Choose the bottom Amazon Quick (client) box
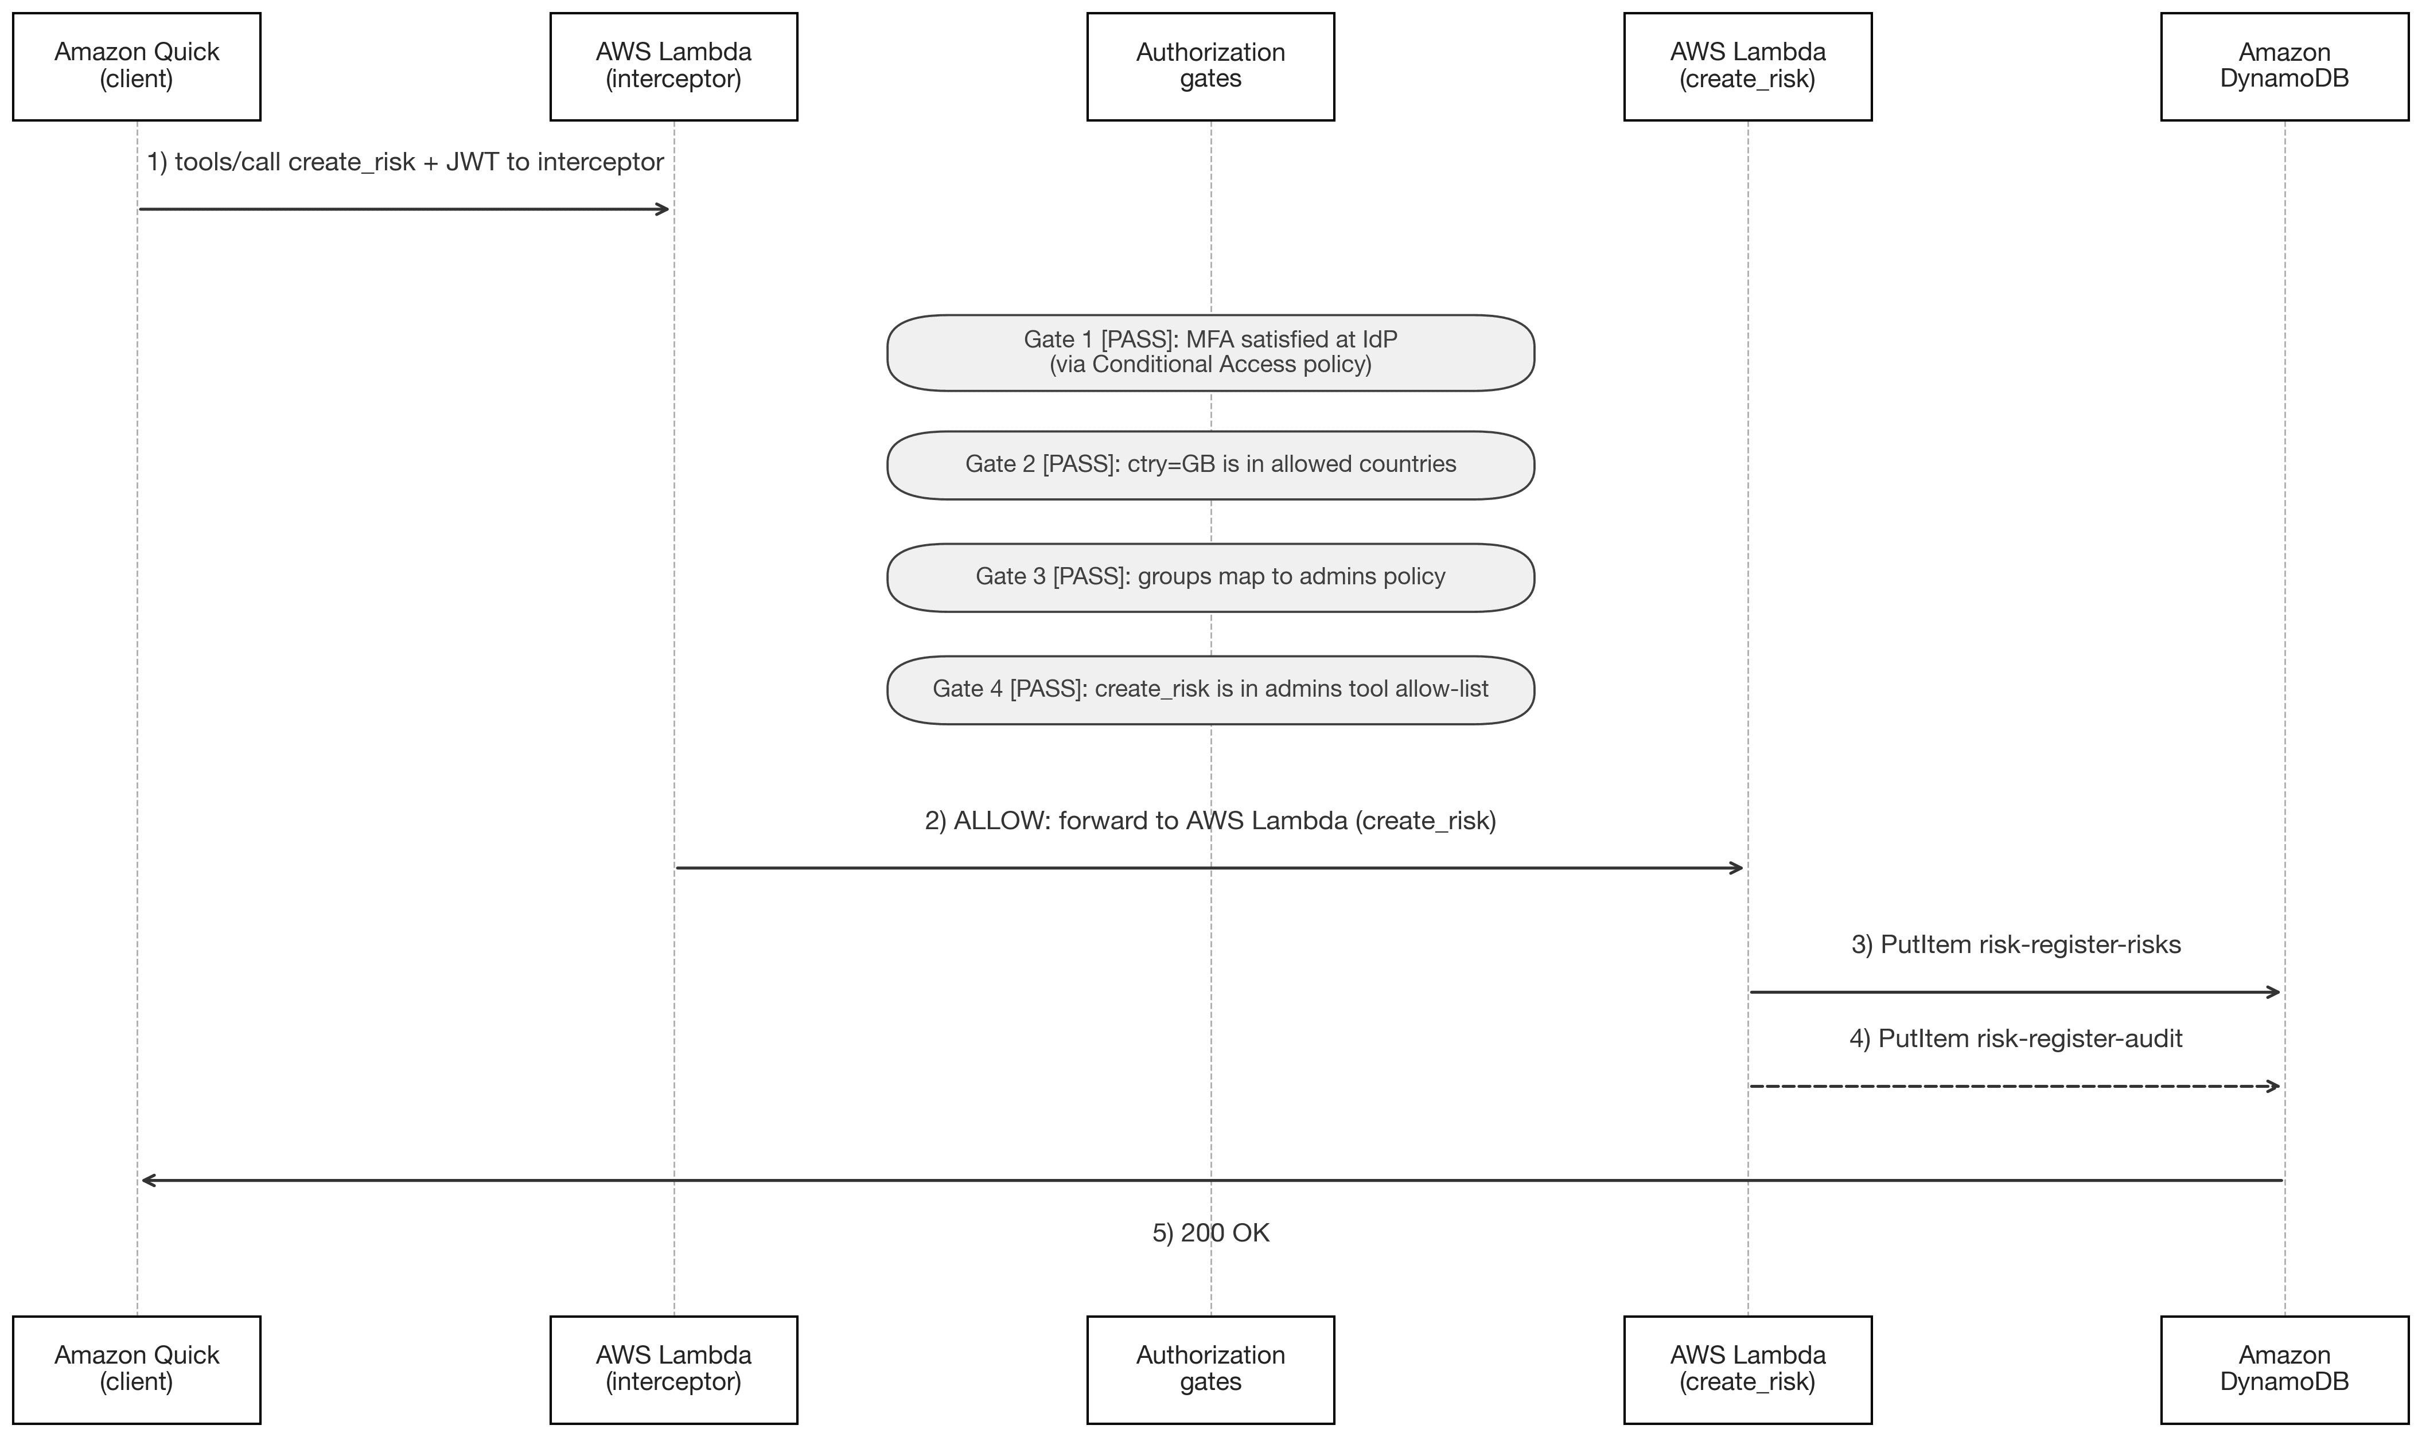click(137, 1369)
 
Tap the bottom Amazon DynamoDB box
click(2284, 1369)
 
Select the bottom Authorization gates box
click(1210, 1369)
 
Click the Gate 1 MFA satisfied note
click(1210, 353)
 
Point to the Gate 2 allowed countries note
click(1210, 465)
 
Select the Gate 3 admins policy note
click(1210, 577)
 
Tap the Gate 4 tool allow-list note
click(1210, 689)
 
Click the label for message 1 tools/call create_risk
click(405, 162)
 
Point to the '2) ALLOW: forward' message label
click(1210, 820)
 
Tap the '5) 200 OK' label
click(1210, 1233)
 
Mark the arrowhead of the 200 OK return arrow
click(147, 1180)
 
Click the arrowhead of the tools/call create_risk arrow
click(663, 209)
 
